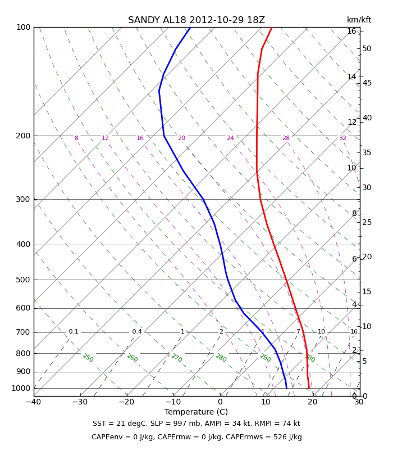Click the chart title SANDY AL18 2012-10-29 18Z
point(196,20)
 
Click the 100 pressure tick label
point(24,27)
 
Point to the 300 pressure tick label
point(23,199)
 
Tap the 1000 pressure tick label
point(21,388)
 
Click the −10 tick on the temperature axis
point(173,402)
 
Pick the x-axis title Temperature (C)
point(196,412)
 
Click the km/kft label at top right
point(359,20)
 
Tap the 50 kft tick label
point(367,49)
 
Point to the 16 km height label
point(351,31)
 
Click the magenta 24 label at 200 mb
point(230,138)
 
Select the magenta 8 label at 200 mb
point(76,138)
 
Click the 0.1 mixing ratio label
point(74,331)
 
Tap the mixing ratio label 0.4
point(137,331)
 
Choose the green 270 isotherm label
point(177,358)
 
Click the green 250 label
point(88,358)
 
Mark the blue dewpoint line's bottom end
point(286,388)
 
